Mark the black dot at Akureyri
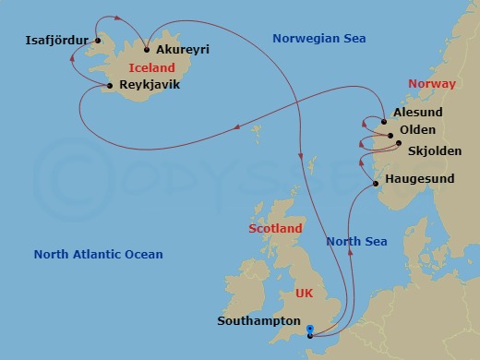pyautogui.click(x=146, y=51)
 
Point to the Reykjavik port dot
pyautogui.click(x=111, y=86)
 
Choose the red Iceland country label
pyautogui.click(x=151, y=68)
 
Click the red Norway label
pyautogui.click(x=432, y=84)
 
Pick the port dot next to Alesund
pyautogui.click(x=383, y=122)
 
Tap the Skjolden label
pyautogui.click(x=434, y=150)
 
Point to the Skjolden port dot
pyautogui.click(x=398, y=143)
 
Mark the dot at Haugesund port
pyautogui.click(x=375, y=184)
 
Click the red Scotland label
pyautogui.click(x=275, y=228)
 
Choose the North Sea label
pyautogui.click(x=356, y=242)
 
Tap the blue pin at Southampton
pyautogui.click(x=310, y=329)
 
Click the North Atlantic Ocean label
pyautogui.click(x=98, y=255)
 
